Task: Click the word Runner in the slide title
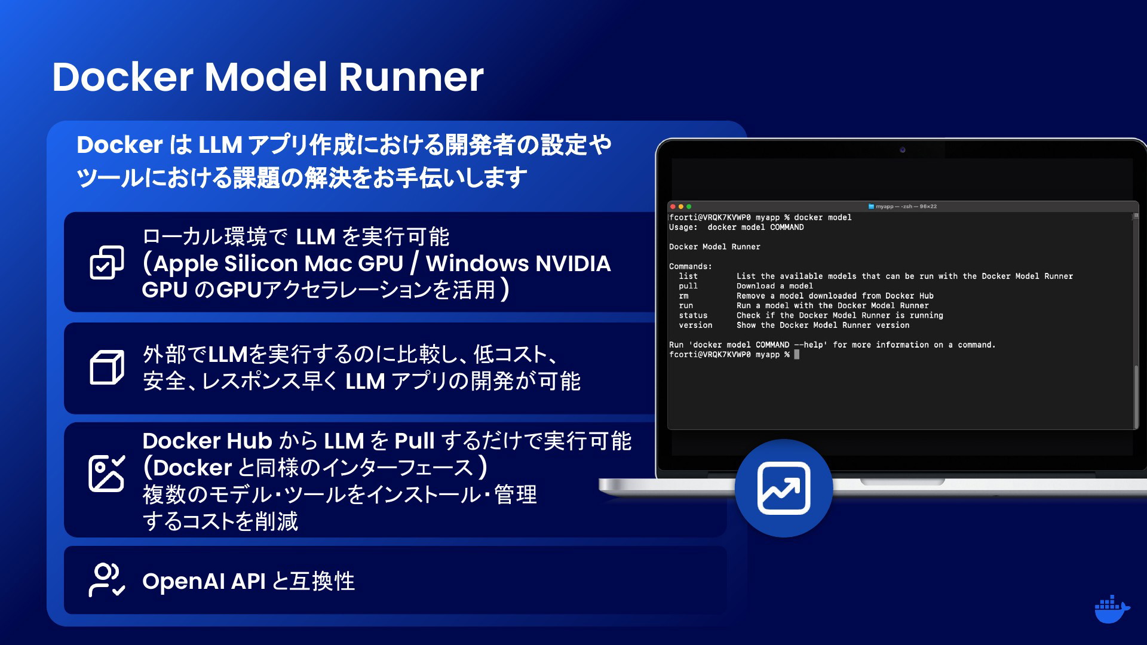click(x=412, y=77)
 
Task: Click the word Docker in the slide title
click(x=122, y=77)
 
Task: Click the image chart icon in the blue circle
click(x=784, y=488)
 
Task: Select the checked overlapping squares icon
click(x=107, y=262)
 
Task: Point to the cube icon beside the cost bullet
click(x=107, y=367)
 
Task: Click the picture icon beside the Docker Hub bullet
click(x=107, y=474)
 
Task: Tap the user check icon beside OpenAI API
click(x=107, y=580)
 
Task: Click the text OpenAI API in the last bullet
click(x=204, y=581)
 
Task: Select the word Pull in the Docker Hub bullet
click(x=414, y=441)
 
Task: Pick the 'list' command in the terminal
click(x=688, y=276)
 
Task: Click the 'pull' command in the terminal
click(x=688, y=286)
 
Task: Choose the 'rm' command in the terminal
click(x=683, y=296)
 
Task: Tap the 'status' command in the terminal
click(x=693, y=315)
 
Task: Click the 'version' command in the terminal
click(x=695, y=325)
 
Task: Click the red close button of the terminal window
click(x=673, y=207)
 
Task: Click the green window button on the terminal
click(x=689, y=207)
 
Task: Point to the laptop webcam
click(x=903, y=150)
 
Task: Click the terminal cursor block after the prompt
click(x=797, y=354)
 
